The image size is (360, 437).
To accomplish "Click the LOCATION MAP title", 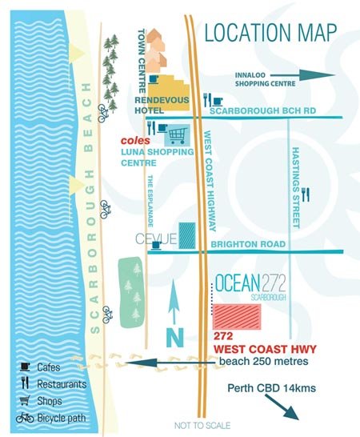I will tap(270, 33).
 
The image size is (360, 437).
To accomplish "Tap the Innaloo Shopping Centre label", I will tap(260, 81).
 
